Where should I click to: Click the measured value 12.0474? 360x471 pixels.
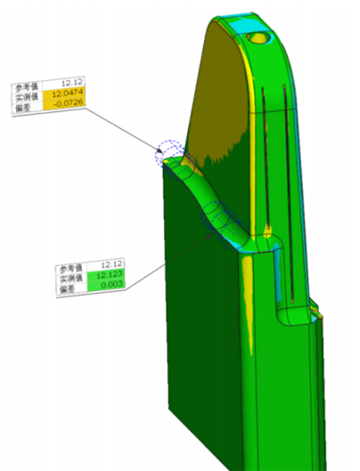click(x=68, y=94)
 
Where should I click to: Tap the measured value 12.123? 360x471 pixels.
click(x=109, y=274)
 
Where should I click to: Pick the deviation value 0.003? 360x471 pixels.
click(x=112, y=284)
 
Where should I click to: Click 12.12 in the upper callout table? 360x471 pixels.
click(x=72, y=84)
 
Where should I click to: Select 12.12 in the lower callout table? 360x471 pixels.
click(x=112, y=264)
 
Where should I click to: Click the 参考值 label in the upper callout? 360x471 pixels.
click(x=27, y=87)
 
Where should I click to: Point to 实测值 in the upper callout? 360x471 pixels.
click(x=27, y=97)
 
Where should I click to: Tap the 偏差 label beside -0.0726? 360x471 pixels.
click(x=23, y=107)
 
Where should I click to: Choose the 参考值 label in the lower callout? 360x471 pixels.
click(x=71, y=268)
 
